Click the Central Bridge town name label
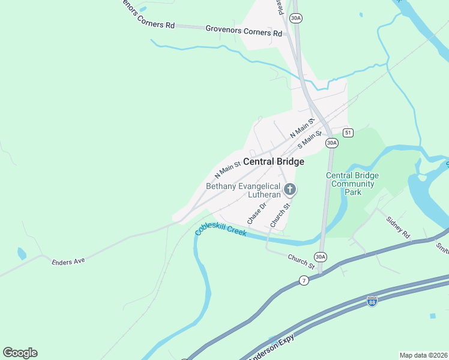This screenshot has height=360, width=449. tap(273, 162)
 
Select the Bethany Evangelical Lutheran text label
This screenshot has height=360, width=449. tap(243, 191)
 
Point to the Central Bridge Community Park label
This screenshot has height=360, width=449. tap(352, 184)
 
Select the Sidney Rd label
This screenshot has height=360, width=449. tap(397, 227)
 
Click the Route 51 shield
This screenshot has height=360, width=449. tap(348, 132)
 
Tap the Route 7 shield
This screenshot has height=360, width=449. tap(304, 281)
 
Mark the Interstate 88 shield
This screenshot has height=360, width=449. tap(372, 301)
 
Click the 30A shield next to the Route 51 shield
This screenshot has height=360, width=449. tap(331, 143)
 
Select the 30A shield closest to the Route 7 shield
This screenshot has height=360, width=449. tap(321, 257)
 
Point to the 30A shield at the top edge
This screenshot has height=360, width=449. tap(295, 19)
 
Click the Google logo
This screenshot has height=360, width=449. tap(20, 353)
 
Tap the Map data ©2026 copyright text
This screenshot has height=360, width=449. tap(423, 355)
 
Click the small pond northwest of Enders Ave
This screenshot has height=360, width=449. tap(22, 253)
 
